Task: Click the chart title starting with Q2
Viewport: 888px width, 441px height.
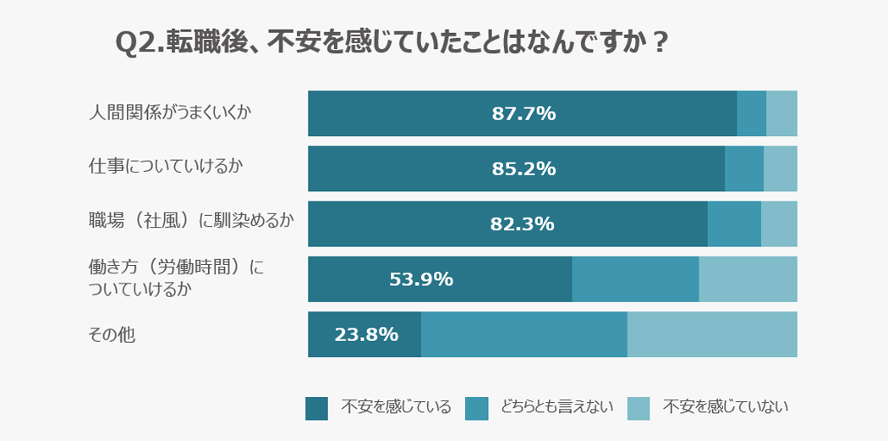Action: coord(391,43)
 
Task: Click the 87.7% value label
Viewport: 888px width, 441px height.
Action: coord(523,113)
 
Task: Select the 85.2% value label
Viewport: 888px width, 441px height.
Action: coord(523,168)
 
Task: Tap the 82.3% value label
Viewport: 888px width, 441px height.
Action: coord(522,224)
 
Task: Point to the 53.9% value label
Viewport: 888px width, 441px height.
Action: coord(420,279)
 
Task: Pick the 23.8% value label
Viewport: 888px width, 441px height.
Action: coord(366,334)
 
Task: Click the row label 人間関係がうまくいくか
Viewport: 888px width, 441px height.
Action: coord(170,113)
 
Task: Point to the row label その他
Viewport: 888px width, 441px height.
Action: coord(112,335)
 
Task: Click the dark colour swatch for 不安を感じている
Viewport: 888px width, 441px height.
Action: coord(316,408)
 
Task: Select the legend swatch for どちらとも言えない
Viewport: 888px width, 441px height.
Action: coord(477,408)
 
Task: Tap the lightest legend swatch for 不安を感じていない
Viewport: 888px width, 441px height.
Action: coord(639,408)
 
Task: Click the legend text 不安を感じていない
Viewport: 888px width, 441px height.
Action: coord(726,407)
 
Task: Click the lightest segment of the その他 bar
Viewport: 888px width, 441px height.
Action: coord(712,334)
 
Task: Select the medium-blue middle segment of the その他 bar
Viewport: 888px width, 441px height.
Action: coord(524,334)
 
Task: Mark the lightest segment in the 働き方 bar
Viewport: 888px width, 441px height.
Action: coord(748,279)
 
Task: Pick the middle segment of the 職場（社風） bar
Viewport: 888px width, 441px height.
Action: coord(734,224)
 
